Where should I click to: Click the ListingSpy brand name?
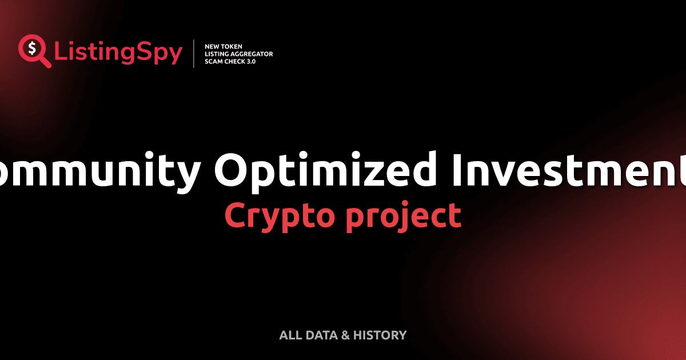[x=118, y=53]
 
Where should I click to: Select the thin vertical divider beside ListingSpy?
[x=194, y=54]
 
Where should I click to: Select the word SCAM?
[x=214, y=61]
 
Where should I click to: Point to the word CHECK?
[x=236, y=61]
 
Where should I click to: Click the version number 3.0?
[x=252, y=61]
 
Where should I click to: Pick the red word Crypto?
[x=277, y=217]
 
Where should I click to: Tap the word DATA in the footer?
[x=321, y=335]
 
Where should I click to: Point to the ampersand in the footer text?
[x=345, y=335]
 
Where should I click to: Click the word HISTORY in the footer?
[x=380, y=335]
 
